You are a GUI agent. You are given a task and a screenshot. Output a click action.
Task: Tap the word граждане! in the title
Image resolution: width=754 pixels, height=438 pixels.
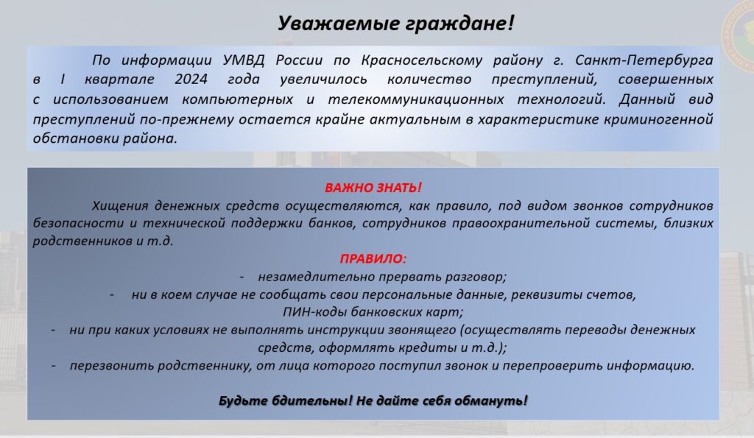(x=460, y=23)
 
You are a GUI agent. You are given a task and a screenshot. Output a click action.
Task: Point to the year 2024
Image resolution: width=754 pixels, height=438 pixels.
(x=191, y=80)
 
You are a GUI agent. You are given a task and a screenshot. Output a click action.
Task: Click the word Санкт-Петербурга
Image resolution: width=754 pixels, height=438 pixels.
(x=644, y=60)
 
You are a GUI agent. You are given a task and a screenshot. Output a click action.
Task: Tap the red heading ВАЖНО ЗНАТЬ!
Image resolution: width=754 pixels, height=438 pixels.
(x=373, y=188)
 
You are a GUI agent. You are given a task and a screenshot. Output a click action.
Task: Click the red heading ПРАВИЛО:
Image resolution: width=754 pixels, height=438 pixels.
(x=373, y=258)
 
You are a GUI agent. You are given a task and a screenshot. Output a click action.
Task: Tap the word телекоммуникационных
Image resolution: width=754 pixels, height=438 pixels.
(x=416, y=99)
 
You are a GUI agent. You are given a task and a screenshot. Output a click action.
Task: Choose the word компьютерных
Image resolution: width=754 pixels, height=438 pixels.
(x=238, y=99)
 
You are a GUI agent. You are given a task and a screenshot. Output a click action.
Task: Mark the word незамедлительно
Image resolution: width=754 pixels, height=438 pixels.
(x=317, y=277)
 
